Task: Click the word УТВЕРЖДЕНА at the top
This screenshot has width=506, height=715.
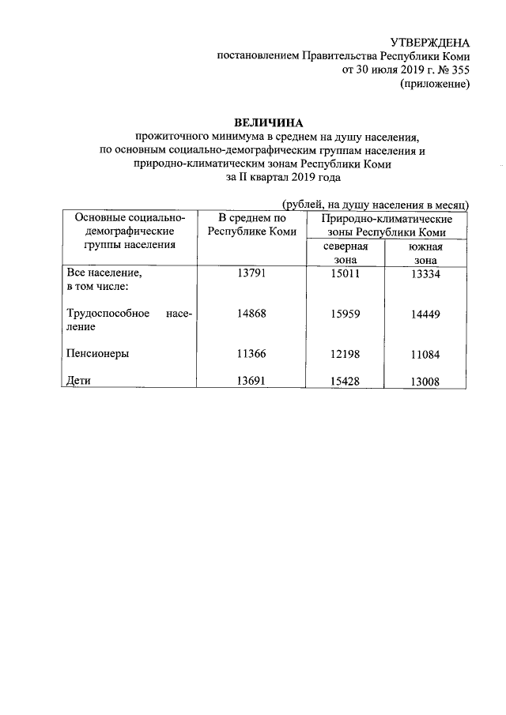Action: (x=431, y=43)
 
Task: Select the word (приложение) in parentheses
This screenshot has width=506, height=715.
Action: (x=435, y=84)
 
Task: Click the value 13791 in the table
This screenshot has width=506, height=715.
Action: (x=252, y=273)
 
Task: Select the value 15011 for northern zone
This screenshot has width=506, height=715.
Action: (x=345, y=273)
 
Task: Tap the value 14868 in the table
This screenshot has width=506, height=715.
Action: (x=252, y=314)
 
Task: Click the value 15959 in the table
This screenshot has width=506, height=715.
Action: (x=345, y=314)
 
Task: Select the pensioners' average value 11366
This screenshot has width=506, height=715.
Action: (x=252, y=354)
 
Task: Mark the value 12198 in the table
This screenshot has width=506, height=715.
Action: (x=345, y=354)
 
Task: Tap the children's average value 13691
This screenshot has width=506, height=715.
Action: (x=252, y=382)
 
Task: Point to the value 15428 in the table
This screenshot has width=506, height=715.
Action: (x=345, y=382)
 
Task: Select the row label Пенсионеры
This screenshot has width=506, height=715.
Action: (x=97, y=354)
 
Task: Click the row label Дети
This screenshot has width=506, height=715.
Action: (x=81, y=382)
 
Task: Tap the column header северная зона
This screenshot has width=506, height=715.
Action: (x=345, y=252)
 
